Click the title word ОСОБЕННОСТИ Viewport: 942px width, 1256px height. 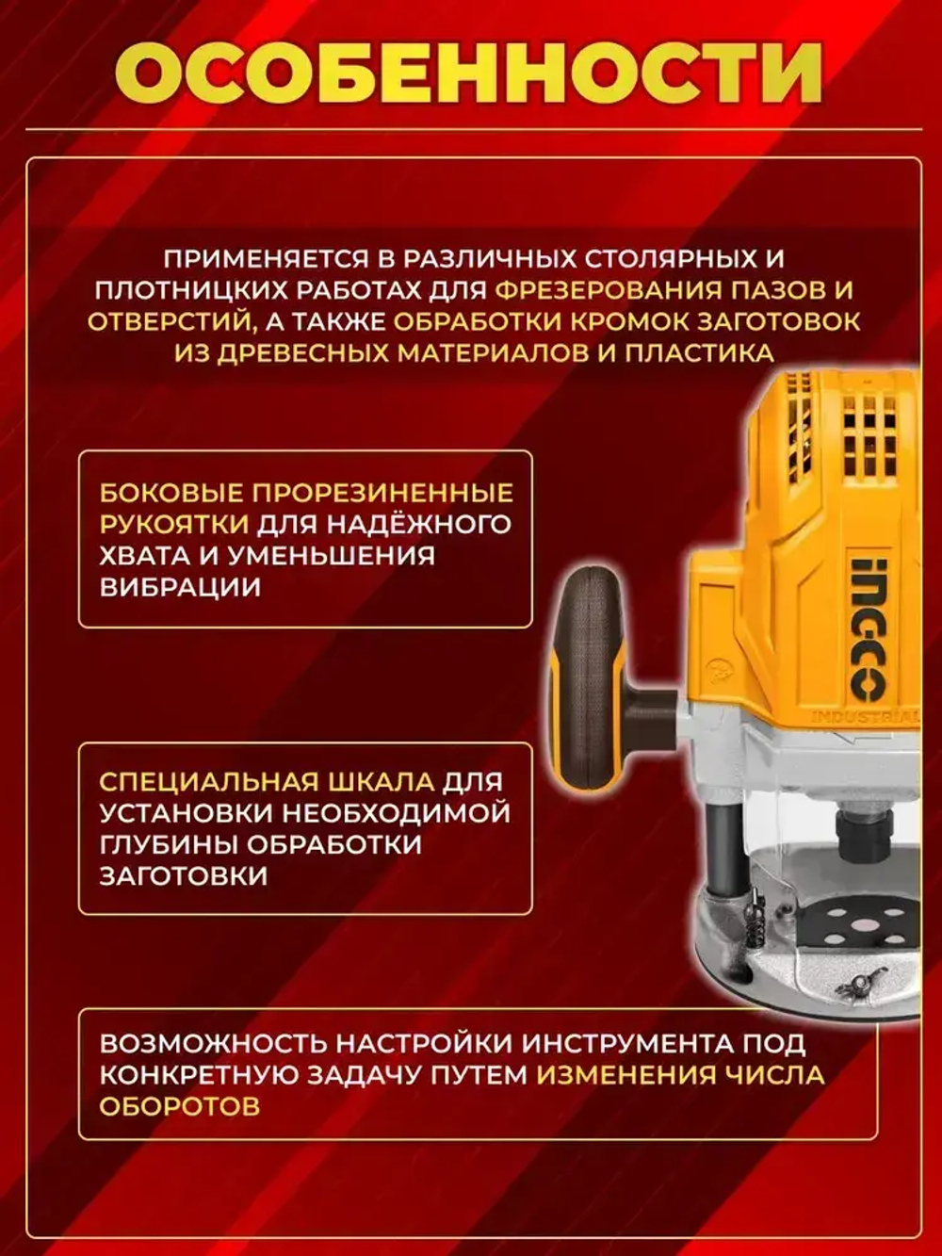[x=471, y=73]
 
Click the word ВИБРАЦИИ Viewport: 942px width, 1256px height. [x=180, y=586]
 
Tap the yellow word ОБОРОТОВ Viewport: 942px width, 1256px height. [x=180, y=1106]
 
